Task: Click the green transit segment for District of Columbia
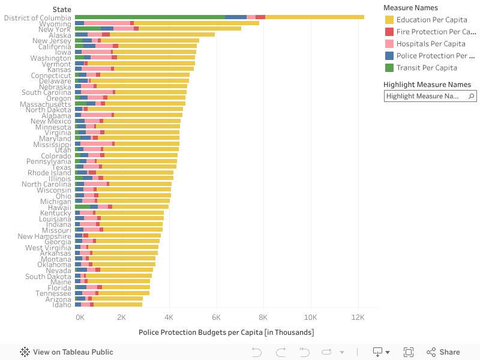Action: (x=150, y=17)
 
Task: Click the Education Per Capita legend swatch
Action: (x=389, y=20)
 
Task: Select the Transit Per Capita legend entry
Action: (x=427, y=68)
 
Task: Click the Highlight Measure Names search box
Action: (x=426, y=96)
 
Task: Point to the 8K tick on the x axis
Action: (x=263, y=317)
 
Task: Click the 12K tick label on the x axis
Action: (x=358, y=317)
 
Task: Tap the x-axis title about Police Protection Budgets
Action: (x=226, y=332)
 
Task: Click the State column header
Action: (x=61, y=10)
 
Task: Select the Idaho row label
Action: (x=62, y=305)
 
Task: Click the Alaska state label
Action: (x=60, y=35)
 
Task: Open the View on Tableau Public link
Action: (x=67, y=352)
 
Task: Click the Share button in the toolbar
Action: (x=443, y=352)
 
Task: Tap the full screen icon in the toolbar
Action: (x=409, y=352)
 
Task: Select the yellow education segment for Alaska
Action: (x=162, y=35)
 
